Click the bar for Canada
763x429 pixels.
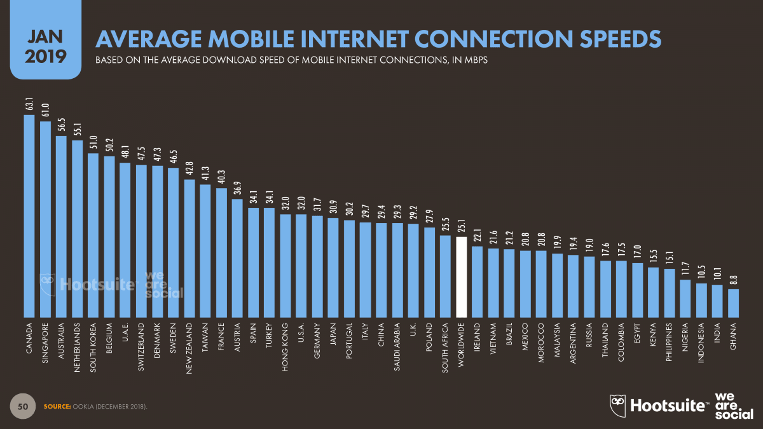[29, 216]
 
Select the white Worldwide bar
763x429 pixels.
[462, 277]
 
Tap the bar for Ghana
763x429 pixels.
[733, 303]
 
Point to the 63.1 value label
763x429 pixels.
[29, 104]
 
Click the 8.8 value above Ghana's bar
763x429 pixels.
[733, 280]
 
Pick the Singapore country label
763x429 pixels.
[46, 344]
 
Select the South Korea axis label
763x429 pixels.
[93, 346]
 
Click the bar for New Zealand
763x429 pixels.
[189, 249]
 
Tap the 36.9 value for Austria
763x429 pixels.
[237, 189]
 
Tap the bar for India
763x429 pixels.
[717, 301]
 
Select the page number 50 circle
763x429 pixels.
[22, 405]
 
